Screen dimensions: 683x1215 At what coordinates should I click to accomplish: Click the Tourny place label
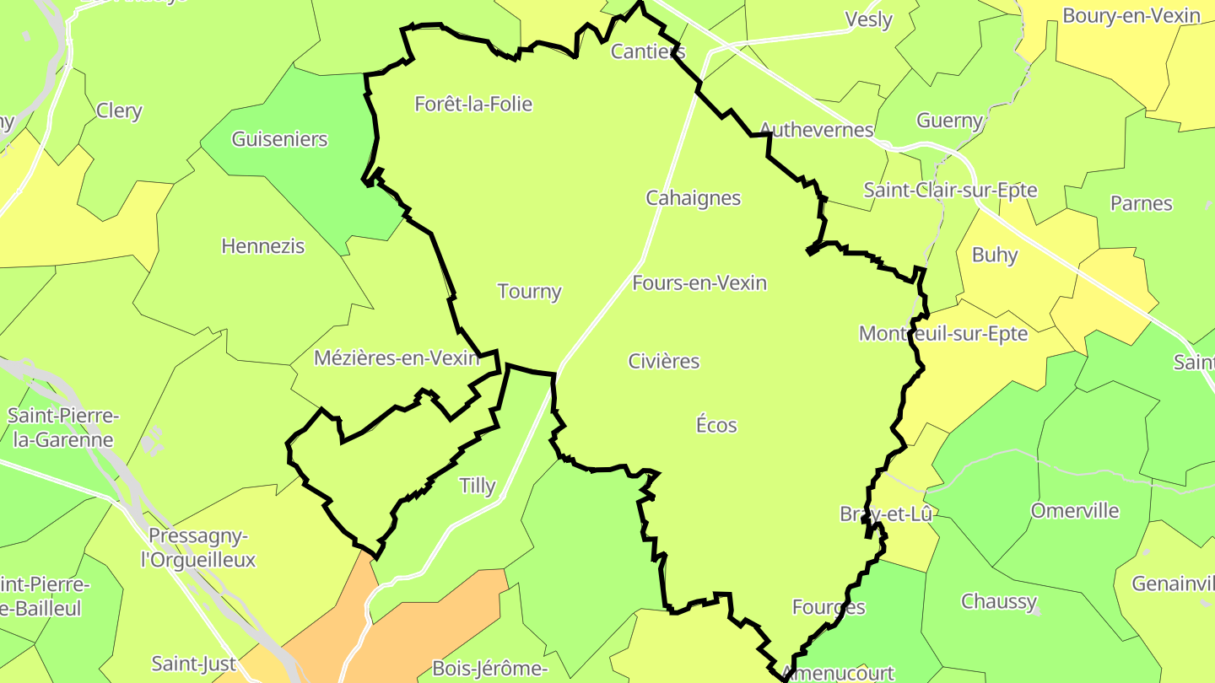point(529,292)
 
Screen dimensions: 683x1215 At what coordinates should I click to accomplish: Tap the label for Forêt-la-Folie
point(473,105)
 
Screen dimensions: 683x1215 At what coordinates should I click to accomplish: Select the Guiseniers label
point(279,139)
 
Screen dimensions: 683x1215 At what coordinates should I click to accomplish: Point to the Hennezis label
point(262,246)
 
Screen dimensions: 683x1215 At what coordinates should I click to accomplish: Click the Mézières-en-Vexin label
point(396,358)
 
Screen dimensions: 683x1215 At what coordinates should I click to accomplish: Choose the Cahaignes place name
point(693,198)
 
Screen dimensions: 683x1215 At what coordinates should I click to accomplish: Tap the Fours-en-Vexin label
point(699,282)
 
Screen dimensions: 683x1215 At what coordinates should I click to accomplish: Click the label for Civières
point(664,361)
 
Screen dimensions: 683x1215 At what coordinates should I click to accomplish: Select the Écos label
point(716,425)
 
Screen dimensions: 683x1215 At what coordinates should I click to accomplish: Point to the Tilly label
point(477,486)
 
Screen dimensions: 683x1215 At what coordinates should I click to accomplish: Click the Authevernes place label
point(816,130)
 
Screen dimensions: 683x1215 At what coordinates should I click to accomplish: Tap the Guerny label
point(949,121)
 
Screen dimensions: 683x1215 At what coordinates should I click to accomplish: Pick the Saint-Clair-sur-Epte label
point(950,190)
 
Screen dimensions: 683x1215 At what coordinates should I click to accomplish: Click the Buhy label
point(995,255)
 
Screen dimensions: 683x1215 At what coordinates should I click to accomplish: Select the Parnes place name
point(1141,203)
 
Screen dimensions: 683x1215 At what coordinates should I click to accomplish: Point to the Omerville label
point(1074,511)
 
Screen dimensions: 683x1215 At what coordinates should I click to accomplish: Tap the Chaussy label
point(999,601)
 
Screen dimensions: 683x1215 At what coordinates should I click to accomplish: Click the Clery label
point(119,111)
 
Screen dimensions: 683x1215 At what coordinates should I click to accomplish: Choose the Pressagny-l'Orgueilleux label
point(201,548)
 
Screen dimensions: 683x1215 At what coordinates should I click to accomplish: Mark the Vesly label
point(868,20)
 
